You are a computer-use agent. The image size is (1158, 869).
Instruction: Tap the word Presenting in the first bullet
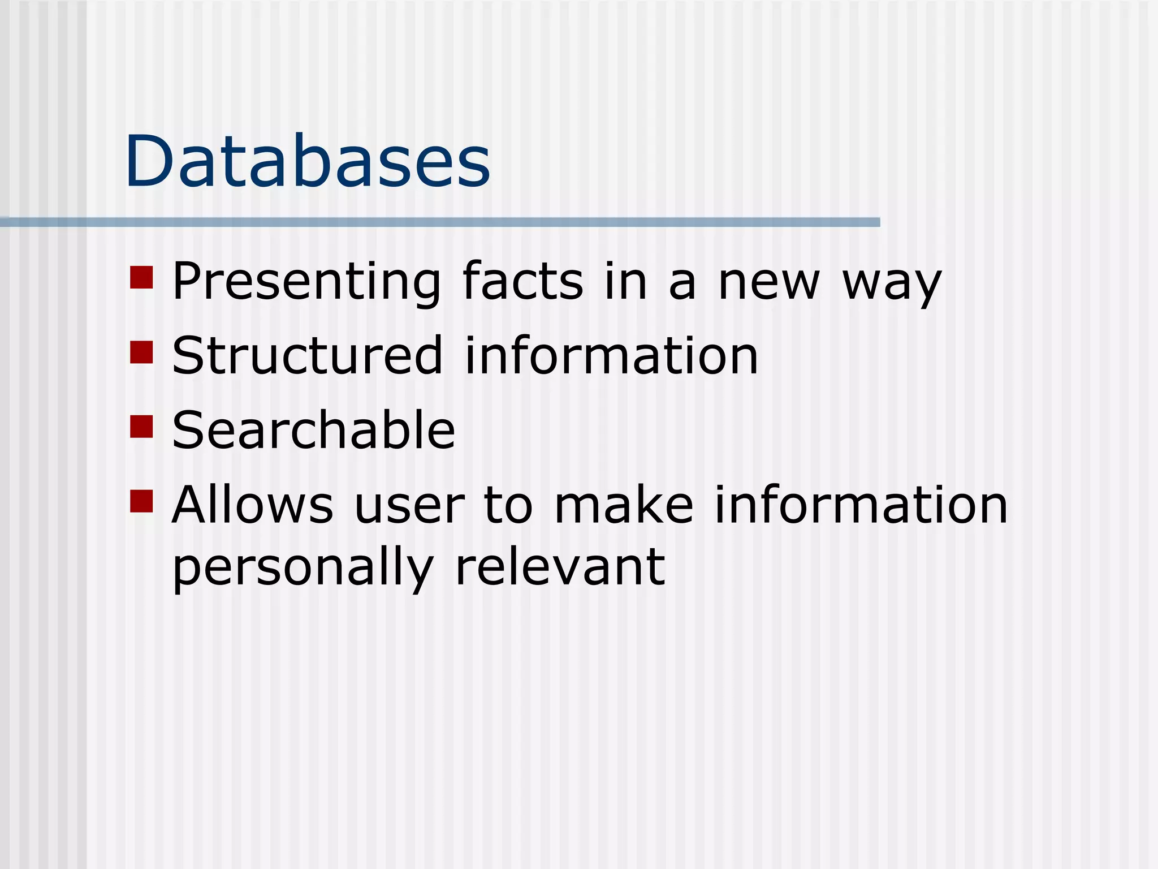pyautogui.click(x=306, y=281)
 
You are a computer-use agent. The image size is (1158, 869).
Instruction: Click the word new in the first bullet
pyautogui.click(x=768, y=281)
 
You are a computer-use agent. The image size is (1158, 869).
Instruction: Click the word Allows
pyautogui.click(x=252, y=505)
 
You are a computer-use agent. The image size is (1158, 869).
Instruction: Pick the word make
pyautogui.click(x=624, y=505)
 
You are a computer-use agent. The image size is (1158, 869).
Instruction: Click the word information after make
pyautogui.click(x=861, y=505)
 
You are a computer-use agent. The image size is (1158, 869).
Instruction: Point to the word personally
pyautogui.click(x=303, y=567)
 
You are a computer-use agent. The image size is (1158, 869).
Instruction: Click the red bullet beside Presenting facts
pyautogui.click(x=141, y=277)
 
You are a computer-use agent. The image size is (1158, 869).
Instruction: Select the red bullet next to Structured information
pyautogui.click(x=141, y=352)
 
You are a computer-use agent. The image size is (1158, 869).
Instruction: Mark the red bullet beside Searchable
pyautogui.click(x=141, y=427)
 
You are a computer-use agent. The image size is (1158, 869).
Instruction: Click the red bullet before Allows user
pyautogui.click(x=141, y=501)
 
